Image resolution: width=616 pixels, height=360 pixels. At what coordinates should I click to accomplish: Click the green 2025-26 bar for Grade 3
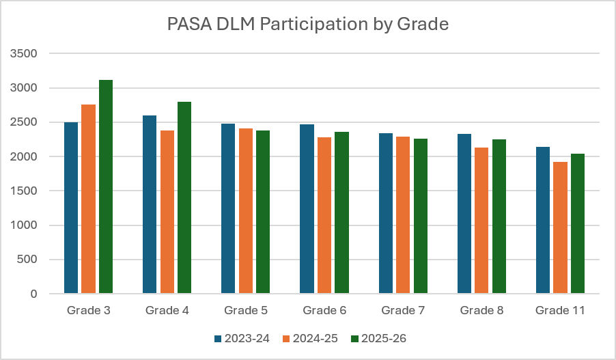[106, 186]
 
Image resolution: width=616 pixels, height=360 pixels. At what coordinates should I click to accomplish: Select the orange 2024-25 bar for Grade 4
[167, 212]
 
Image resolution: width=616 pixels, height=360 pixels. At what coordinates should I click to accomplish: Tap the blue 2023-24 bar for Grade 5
[228, 208]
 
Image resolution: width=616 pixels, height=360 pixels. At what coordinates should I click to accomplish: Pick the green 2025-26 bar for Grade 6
[341, 212]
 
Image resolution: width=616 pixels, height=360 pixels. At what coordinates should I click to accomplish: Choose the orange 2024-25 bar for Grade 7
[403, 215]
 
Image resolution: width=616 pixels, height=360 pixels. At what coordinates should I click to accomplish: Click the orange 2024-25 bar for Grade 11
[560, 227]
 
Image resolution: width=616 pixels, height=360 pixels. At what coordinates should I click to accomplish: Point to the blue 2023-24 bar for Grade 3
[71, 208]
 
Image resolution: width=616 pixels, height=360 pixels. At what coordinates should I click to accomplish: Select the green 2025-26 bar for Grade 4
[184, 197]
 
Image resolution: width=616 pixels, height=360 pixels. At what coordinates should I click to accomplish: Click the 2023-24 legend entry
[242, 338]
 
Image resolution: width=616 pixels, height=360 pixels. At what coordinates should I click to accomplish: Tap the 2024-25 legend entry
[310, 338]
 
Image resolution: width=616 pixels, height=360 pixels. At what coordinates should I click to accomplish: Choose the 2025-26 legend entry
[379, 338]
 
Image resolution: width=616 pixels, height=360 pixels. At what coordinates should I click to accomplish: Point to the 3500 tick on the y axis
[24, 53]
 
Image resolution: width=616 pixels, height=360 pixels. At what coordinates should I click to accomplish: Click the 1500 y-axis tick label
[24, 191]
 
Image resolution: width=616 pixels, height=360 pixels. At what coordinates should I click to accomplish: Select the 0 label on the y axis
[33, 294]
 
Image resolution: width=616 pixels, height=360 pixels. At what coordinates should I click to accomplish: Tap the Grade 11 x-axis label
[560, 311]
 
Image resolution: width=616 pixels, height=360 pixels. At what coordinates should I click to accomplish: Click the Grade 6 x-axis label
[324, 311]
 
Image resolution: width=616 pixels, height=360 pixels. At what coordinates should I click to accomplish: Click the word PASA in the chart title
[189, 24]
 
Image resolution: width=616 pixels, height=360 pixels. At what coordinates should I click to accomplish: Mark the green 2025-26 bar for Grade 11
[578, 223]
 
